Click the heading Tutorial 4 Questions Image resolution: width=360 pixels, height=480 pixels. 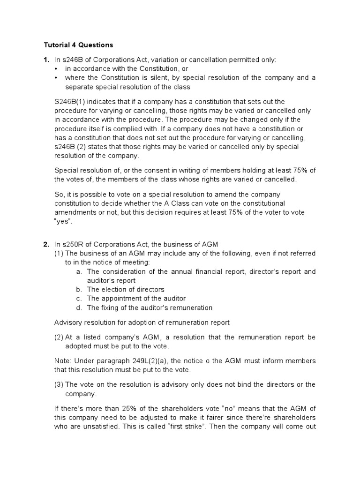78,45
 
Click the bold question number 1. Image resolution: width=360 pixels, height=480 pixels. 46,60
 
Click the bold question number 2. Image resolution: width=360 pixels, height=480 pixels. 46,244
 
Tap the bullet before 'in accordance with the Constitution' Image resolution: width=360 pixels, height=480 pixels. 56,69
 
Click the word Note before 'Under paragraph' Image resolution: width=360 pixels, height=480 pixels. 63,361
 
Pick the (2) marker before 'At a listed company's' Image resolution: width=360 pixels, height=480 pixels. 59,337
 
